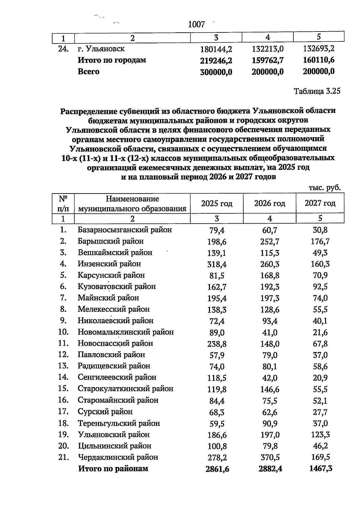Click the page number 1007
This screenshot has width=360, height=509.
click(x=196, y=24)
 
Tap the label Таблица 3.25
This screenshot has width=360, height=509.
click(x=317, y=91)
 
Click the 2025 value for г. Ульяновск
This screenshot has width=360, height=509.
click(x=216, y=49)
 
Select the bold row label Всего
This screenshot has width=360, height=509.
click(x=88, y=72)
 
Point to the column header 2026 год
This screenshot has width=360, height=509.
click(x=269, y=203)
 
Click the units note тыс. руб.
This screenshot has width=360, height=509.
click(x=325, y=188)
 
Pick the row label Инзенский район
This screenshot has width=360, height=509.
click(x=109, y=264)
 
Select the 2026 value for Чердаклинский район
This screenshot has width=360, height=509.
click(x=269, y=457)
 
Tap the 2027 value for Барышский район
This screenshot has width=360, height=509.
click(x=320, y=242)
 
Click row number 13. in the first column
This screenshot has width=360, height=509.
click(x=64, y=366)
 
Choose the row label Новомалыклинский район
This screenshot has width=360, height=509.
click(x=126, y=332)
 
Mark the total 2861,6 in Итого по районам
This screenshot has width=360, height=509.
click(x=217, y=469)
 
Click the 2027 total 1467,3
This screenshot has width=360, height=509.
click(x=320, y=469)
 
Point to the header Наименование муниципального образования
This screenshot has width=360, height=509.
click(x=132, y=203)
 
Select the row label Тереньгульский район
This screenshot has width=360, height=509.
click(x=119, y=423)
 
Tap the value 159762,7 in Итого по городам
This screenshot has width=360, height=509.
click(x=268, y=61)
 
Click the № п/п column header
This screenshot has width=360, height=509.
click(x=63, y=203)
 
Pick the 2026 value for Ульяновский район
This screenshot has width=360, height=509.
click(x=270, y=435)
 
